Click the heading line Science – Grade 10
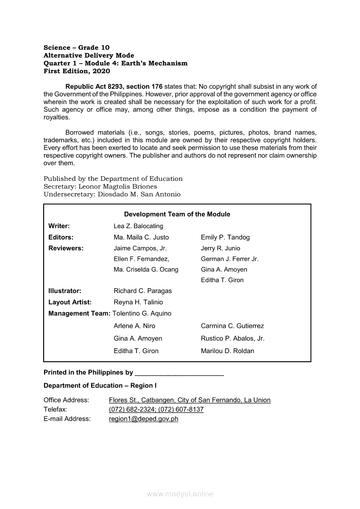[77, 47]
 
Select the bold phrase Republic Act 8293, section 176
[114, 87]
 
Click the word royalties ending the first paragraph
[56, 117]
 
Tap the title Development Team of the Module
[177, 214]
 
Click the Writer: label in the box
[59, 226]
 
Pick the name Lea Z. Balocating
[138, 226]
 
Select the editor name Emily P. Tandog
[225, 237]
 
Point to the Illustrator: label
[65, 291]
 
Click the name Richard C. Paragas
[143, 291]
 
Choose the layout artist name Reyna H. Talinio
[138, 302]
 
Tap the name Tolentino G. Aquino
[142, 313]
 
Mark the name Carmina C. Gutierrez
[232, 326]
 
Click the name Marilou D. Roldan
[228, 351]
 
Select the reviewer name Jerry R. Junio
[221, 248]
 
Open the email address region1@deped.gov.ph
[143, 419]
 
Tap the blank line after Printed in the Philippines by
[180, 373]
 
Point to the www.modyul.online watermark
[180, 494]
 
